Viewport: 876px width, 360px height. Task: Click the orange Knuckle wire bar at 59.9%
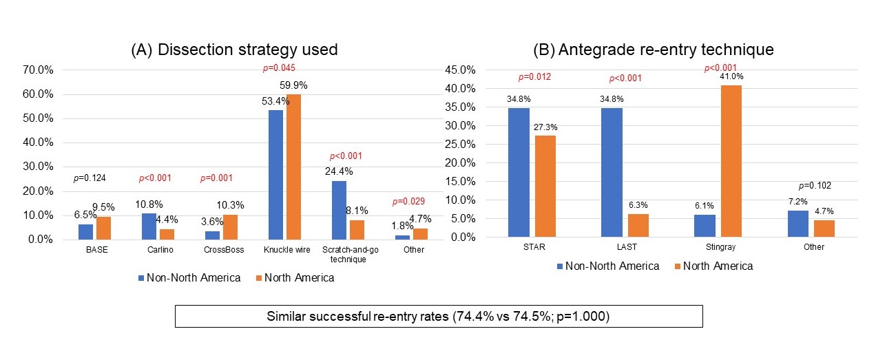coord(293,167)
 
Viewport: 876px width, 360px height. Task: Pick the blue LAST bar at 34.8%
coord(612,172)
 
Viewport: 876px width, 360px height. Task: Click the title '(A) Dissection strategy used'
coord(235,50)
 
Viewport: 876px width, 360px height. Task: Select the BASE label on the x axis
coord(96,250)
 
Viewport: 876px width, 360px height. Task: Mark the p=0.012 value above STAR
coord(534,78)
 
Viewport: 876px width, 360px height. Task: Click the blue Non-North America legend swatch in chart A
coord(141,278)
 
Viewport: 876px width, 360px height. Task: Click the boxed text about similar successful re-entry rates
coord(438,316)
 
